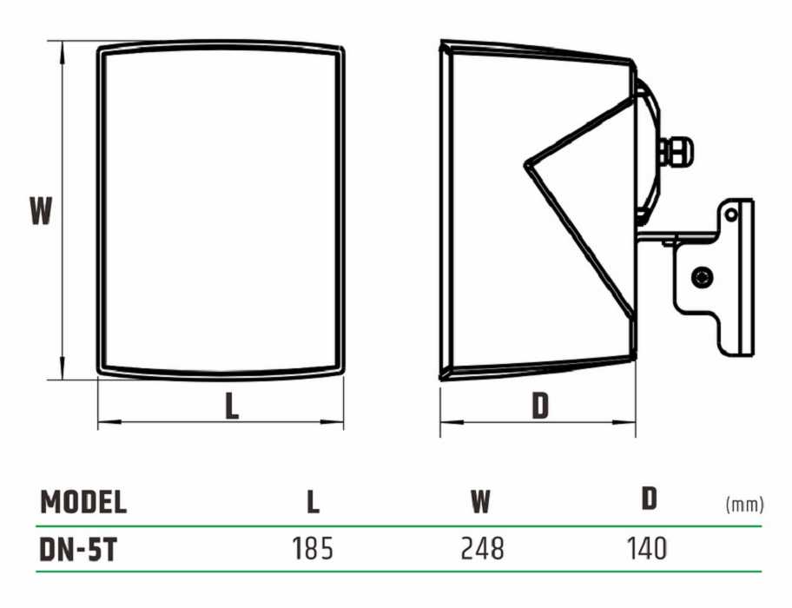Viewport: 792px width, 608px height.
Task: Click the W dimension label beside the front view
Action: tap(41, 211)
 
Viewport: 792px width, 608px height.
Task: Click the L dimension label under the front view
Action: tap(232, 405)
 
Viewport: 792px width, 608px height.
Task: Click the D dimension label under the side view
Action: tap(540, 405)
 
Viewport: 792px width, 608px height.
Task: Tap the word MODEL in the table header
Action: tap(83, 502)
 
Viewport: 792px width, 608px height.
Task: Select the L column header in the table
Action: tap(313, 502)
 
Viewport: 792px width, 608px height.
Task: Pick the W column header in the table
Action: tap(480, 501)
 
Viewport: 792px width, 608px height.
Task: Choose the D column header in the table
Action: tap(649, 499)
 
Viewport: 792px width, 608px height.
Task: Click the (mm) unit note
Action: tap(744, 504)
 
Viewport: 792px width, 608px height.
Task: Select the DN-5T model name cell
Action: tap(78, 550)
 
